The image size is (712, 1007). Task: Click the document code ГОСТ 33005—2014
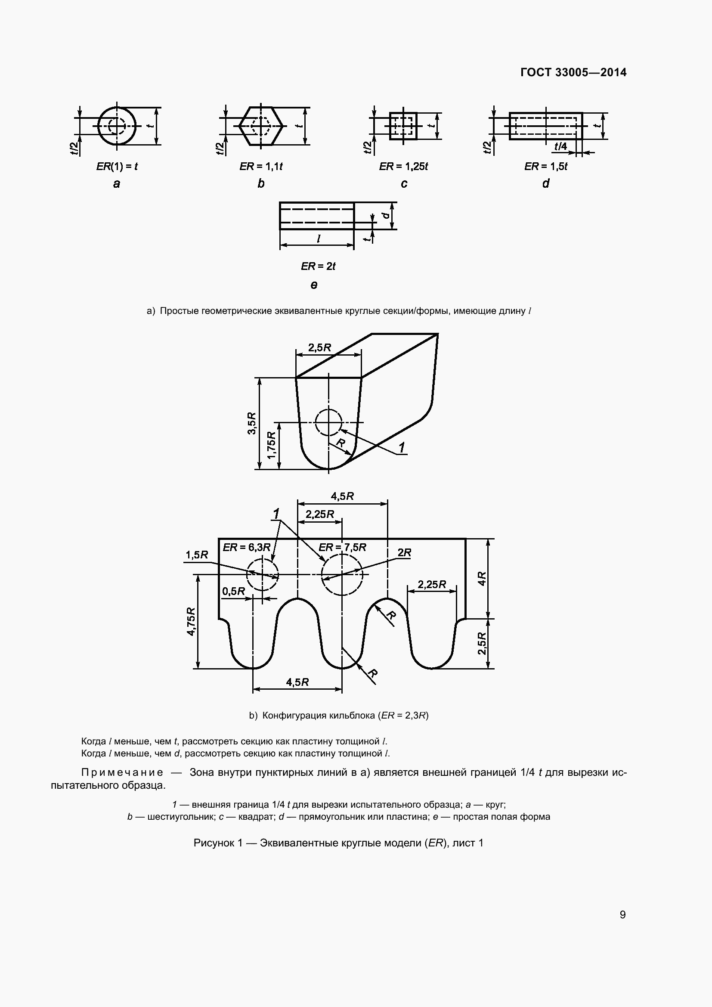[573, 72]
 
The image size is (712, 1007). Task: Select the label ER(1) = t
[117, 167]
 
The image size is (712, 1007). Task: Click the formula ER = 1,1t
[261, 167]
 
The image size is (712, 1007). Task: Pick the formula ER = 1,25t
[403, 167]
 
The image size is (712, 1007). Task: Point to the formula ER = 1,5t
[546, 167]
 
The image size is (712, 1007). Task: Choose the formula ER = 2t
[318, 266]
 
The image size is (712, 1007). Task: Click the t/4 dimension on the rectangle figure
[560, 146]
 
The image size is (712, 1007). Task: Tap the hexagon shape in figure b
[262, 125]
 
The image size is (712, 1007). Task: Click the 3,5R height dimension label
[252, 423]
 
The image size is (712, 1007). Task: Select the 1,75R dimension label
[272, 446]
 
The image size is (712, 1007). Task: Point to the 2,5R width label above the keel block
[319, 348]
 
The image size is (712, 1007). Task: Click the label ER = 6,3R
[246, 547]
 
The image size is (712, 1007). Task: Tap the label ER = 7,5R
[342, 547]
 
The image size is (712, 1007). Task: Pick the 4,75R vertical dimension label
[191, 621]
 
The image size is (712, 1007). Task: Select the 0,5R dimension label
[234, 591]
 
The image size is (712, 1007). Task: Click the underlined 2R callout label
[404, 553]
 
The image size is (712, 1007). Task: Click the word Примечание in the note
[122, 772]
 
